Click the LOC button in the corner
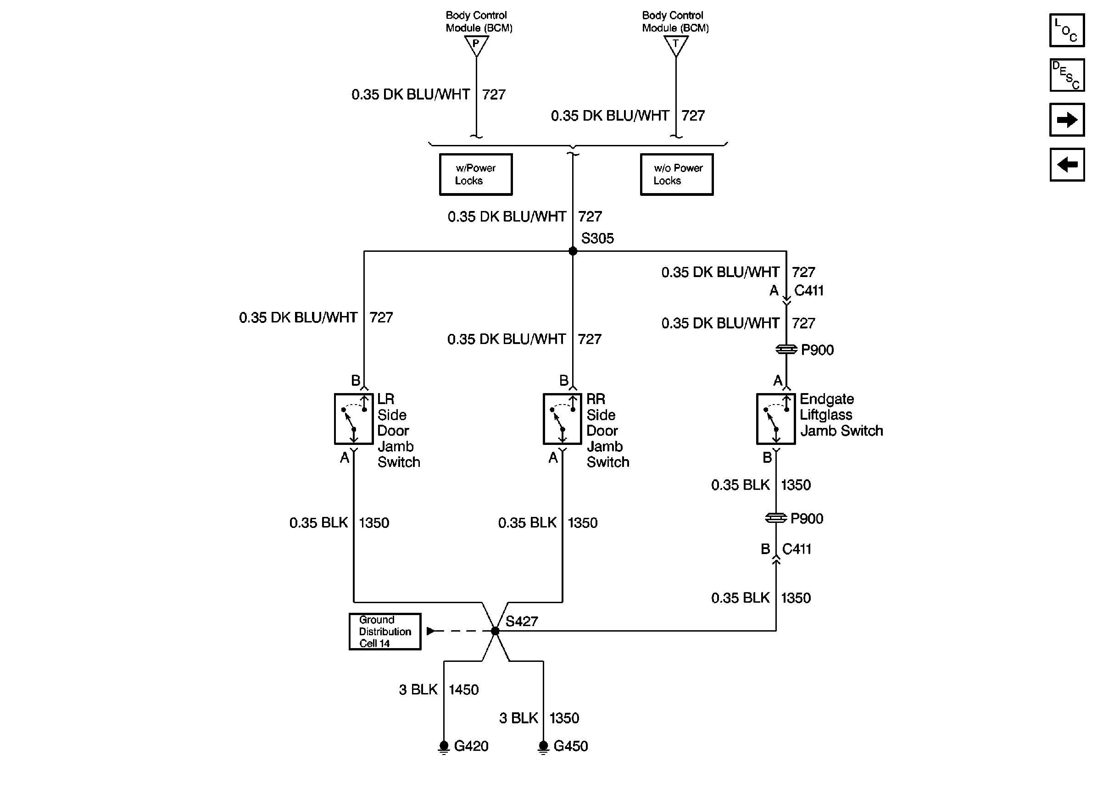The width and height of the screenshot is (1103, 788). pyautogui.click(x=1067, y=30)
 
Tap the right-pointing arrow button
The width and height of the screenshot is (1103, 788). pyautogui.click(x=1067, y=119)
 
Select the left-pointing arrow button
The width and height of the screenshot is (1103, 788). pyautogui.click(x=1067, y=165)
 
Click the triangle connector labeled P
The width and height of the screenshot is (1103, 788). pyautogui.click(x=476, y=45)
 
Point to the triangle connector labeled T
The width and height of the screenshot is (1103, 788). pyautogui.click(x=675, y=45)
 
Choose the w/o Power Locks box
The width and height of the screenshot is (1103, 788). pyautogui.click(x=676, y=175)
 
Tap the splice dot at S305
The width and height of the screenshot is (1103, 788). pyautogui.click(x=573, y=251)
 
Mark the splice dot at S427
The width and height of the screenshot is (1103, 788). pyautogui.click(x=495, y=631)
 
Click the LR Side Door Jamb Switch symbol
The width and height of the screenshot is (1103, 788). pyautogui.click(x=354, y=419)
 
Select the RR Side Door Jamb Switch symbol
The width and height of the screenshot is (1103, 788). pyautogui.click(x=563, y=419)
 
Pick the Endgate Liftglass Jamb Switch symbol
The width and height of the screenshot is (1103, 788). pyautogui.click(x=776, y=419)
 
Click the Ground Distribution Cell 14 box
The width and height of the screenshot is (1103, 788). pyautogui.click(x=385, y=631)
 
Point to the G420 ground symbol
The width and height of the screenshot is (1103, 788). pyautogui.click(x=444, y=747)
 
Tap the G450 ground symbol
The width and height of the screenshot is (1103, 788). pyautogui.click(x=544, y=747)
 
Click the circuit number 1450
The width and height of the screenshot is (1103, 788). pyautogui.click(x=463, y=689)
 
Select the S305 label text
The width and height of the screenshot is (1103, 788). pyautogui.click(x=597, y=238)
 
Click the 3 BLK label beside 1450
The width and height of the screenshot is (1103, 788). pyautogui.click(x=418, y=689)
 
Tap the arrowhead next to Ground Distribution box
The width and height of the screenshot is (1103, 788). pyautogui.click(x=430, y=631)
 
